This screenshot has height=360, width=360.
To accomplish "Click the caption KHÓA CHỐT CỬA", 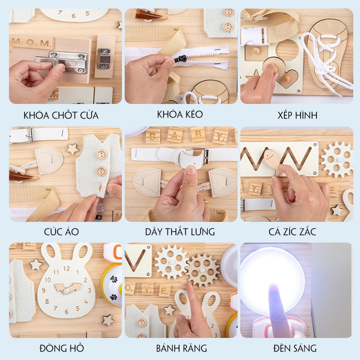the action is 61,115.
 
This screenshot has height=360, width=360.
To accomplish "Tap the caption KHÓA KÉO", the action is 180,114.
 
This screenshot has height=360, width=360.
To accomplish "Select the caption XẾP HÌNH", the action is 297,115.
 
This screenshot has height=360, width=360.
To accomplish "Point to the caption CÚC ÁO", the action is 61,231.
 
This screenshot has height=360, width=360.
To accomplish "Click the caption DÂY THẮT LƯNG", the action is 180,231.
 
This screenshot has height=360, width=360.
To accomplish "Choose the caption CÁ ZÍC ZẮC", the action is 292,231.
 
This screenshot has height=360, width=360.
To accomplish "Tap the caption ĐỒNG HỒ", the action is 62,348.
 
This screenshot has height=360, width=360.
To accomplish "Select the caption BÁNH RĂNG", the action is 181,348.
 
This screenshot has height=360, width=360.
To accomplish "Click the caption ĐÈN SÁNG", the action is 295,348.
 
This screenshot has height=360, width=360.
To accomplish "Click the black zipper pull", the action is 180,59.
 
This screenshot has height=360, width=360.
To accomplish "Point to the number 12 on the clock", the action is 66,268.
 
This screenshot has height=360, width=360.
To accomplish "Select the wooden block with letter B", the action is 153,136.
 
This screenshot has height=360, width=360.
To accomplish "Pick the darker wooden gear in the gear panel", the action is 202,270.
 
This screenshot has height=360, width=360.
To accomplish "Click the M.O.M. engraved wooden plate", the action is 31,42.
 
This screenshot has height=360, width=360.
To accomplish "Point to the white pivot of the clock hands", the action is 66,291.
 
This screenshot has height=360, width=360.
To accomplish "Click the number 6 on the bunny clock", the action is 66,311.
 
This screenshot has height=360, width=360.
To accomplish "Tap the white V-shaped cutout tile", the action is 138,260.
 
